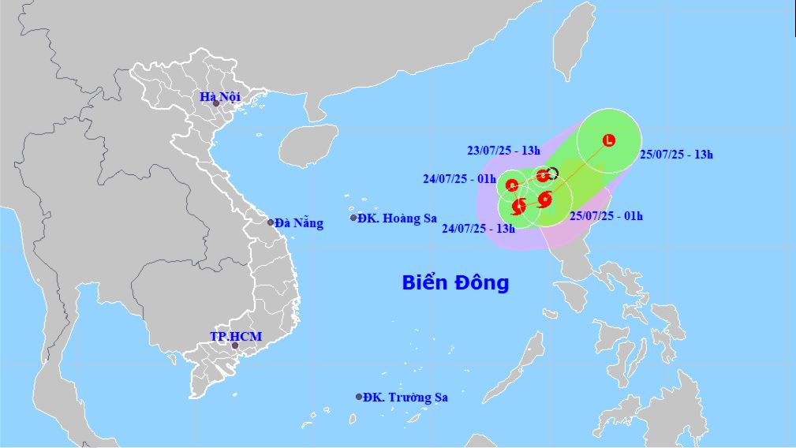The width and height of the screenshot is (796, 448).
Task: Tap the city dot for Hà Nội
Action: click(x=215, y=103)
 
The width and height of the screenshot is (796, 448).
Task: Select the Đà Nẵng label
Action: click(x=298, y=223)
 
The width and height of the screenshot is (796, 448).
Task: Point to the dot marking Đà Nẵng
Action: click(x=271, y=223)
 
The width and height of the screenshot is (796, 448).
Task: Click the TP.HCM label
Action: click(x=235, y=336)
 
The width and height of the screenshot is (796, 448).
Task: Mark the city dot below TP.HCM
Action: click(x=234, y=345)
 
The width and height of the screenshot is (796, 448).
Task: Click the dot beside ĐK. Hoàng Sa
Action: click(x=353, y=218)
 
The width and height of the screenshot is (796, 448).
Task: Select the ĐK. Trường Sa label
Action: click(x=405, y=398)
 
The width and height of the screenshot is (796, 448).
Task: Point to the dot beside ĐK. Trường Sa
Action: click(x=359, y=397)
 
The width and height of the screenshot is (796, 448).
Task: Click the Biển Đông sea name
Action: click(x=456, y=282)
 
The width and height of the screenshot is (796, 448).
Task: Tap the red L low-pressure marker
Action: click(x=608, y=141)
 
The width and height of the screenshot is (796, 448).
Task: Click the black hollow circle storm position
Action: click(x=552, y=174)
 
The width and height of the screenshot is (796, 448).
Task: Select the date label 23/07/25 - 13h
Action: click(x=503, y=151)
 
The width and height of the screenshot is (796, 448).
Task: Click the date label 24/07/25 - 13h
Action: click(x=478, y=229)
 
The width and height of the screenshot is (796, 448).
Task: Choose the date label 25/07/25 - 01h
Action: click(x=607, y=215)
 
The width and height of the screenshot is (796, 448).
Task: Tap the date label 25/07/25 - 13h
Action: click(x=676, y=155)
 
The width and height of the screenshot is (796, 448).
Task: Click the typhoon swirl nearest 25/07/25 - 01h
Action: click(x=544, y=199)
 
